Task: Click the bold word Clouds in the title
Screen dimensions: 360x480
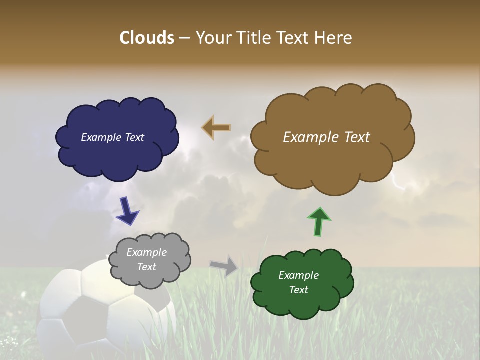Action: tap(146, 38)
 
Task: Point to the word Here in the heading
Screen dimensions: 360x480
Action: tap(333, 38)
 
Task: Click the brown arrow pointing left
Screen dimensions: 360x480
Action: tap(216, 128)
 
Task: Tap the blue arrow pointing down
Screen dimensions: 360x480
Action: tap(127, 211)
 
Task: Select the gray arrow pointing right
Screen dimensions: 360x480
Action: tap(224, 265)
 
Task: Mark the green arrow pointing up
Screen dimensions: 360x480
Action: tap(319, 221)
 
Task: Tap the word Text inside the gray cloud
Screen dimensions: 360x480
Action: tap(147, 267)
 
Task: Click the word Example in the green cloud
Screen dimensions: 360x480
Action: tap(298, 275)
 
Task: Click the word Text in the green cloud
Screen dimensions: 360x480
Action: tap(298, 290)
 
